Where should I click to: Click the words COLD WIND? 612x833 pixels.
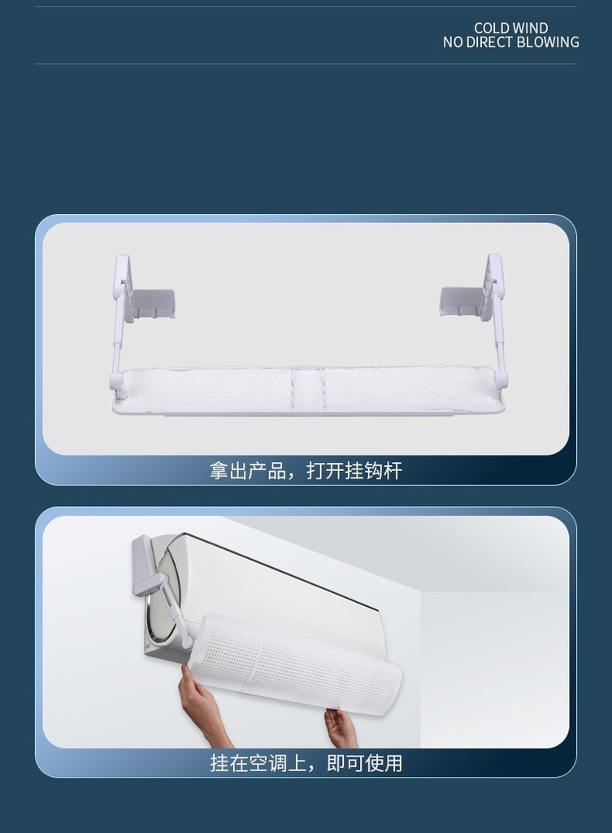click(510, 28)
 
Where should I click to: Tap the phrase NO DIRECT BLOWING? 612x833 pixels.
click(510, 42)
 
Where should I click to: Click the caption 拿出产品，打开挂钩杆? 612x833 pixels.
click(306, 471)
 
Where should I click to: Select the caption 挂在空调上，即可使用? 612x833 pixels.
click(306, 763)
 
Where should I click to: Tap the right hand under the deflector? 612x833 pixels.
click(341, 727)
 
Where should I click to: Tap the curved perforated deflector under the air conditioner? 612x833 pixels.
click(301, 662)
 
